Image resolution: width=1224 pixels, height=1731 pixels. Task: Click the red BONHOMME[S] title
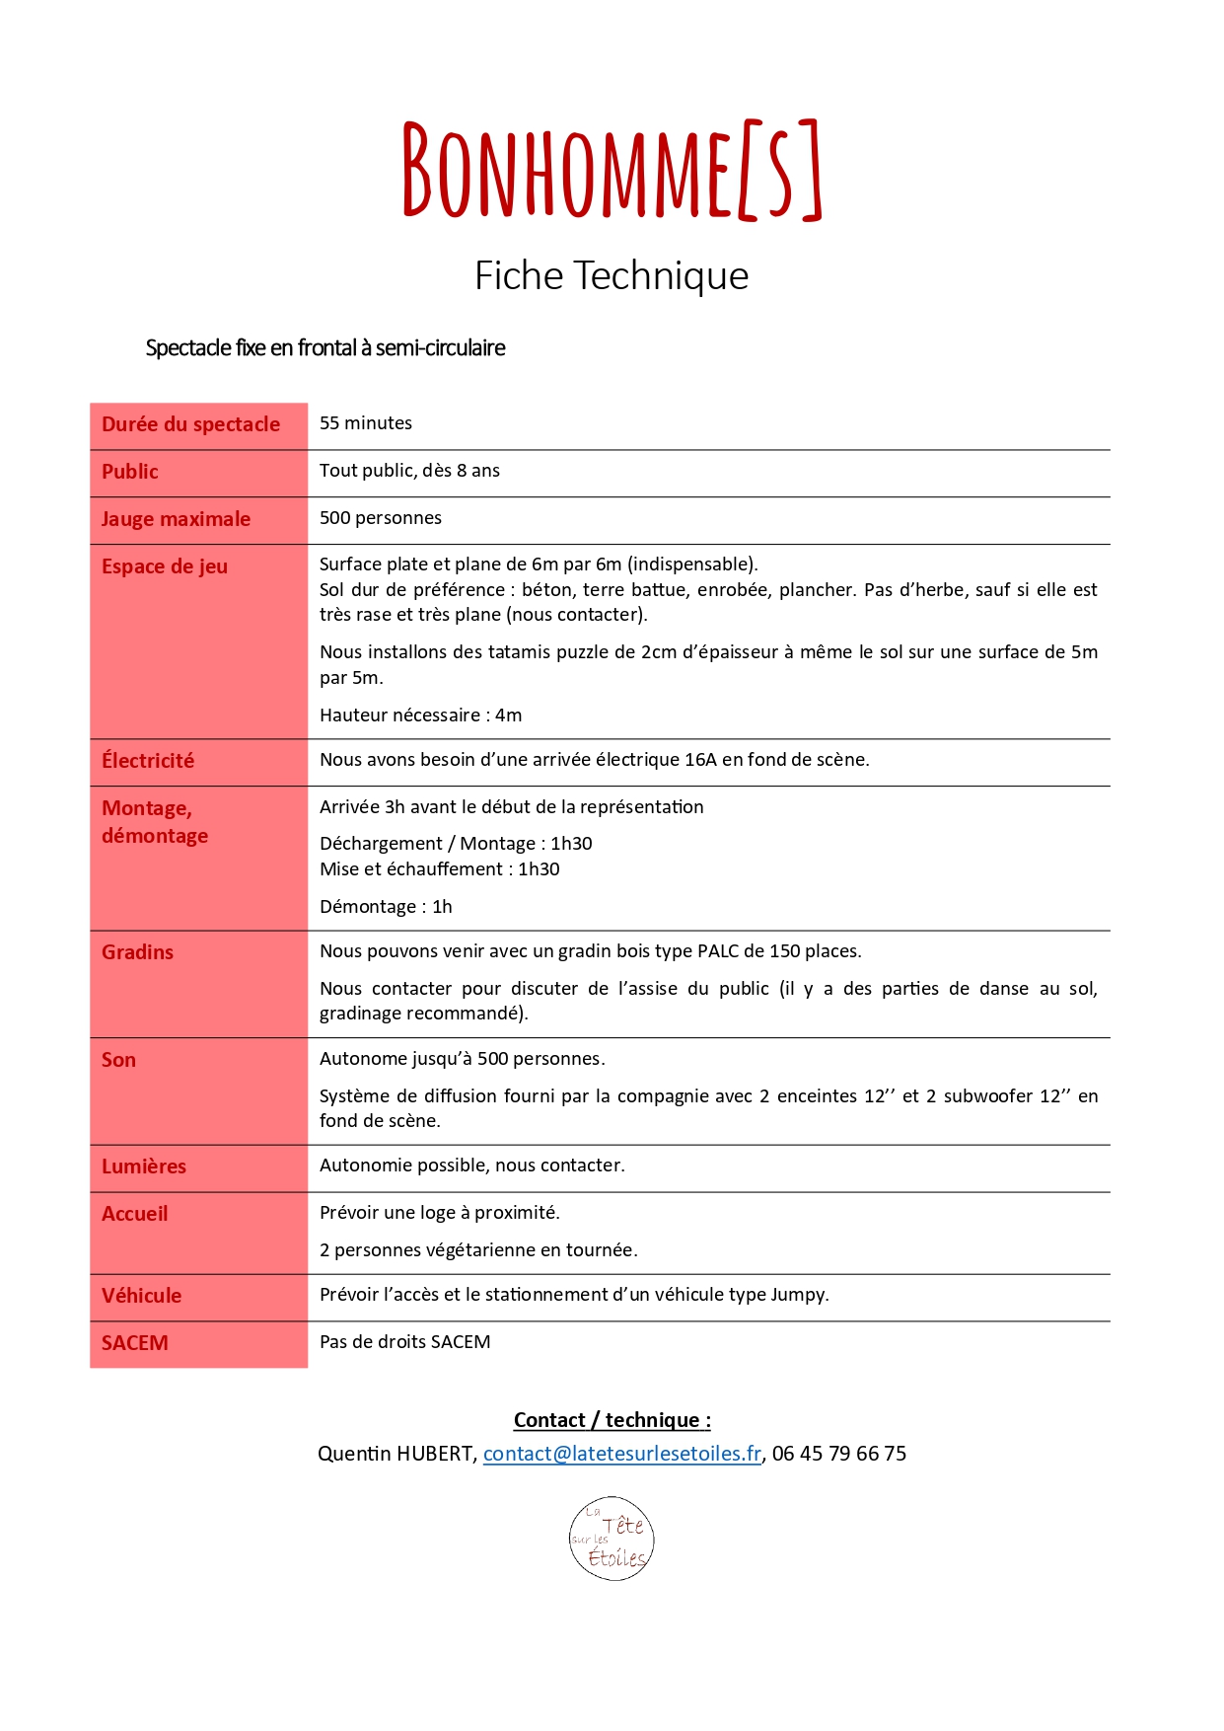click(612, 170)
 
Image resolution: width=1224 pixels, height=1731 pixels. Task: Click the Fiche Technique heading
click(612, 275)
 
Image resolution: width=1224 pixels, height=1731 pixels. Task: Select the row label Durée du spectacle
click(190, 424)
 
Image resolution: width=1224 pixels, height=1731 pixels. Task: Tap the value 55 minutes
click(366, 423)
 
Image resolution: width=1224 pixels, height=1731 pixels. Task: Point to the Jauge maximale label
click(176, 519)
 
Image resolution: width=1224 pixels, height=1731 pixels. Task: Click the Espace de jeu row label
click(165, 566)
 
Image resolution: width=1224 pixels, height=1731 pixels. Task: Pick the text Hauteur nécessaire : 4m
click(420, 715)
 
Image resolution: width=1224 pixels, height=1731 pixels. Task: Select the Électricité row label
click(148, 761)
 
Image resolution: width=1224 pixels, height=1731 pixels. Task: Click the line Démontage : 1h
click(386, 907)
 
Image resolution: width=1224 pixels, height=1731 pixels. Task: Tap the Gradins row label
click(137, 952)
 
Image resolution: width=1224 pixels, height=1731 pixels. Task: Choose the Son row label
click(118, 1060)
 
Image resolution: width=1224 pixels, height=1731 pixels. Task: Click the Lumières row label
click(144, 1167)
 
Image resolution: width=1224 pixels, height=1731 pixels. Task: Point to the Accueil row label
click(135, 1214)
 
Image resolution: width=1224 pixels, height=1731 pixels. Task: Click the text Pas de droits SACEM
click(404, 1342)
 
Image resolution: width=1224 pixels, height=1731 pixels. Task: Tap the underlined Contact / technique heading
click(612, 1420)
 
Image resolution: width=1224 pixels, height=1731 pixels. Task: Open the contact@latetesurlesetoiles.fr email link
click(622, 1454)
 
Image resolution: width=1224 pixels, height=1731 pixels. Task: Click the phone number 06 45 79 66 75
click(839, 1454)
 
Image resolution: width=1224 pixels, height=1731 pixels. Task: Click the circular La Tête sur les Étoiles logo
click(612, 1539)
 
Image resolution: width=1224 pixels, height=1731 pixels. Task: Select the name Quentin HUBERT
click(396, 1454)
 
